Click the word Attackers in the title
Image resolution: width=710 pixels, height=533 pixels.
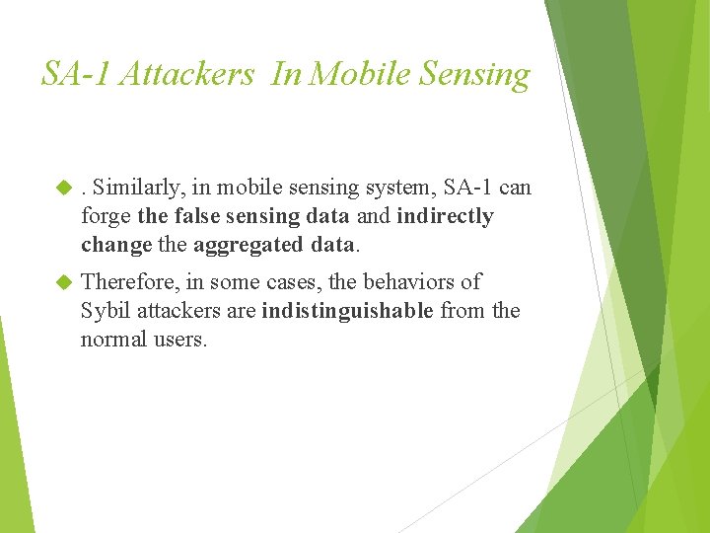(x=186, y=74)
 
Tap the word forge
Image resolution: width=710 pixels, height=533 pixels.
(x=106, y=216)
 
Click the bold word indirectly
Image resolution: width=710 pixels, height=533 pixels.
(x=445, y=216)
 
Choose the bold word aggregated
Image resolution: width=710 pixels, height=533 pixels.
(x=242, y=244)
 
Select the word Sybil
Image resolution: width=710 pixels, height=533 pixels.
(x=106, y=311)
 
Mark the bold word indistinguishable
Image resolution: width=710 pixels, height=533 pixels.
(x=347, y=311)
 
